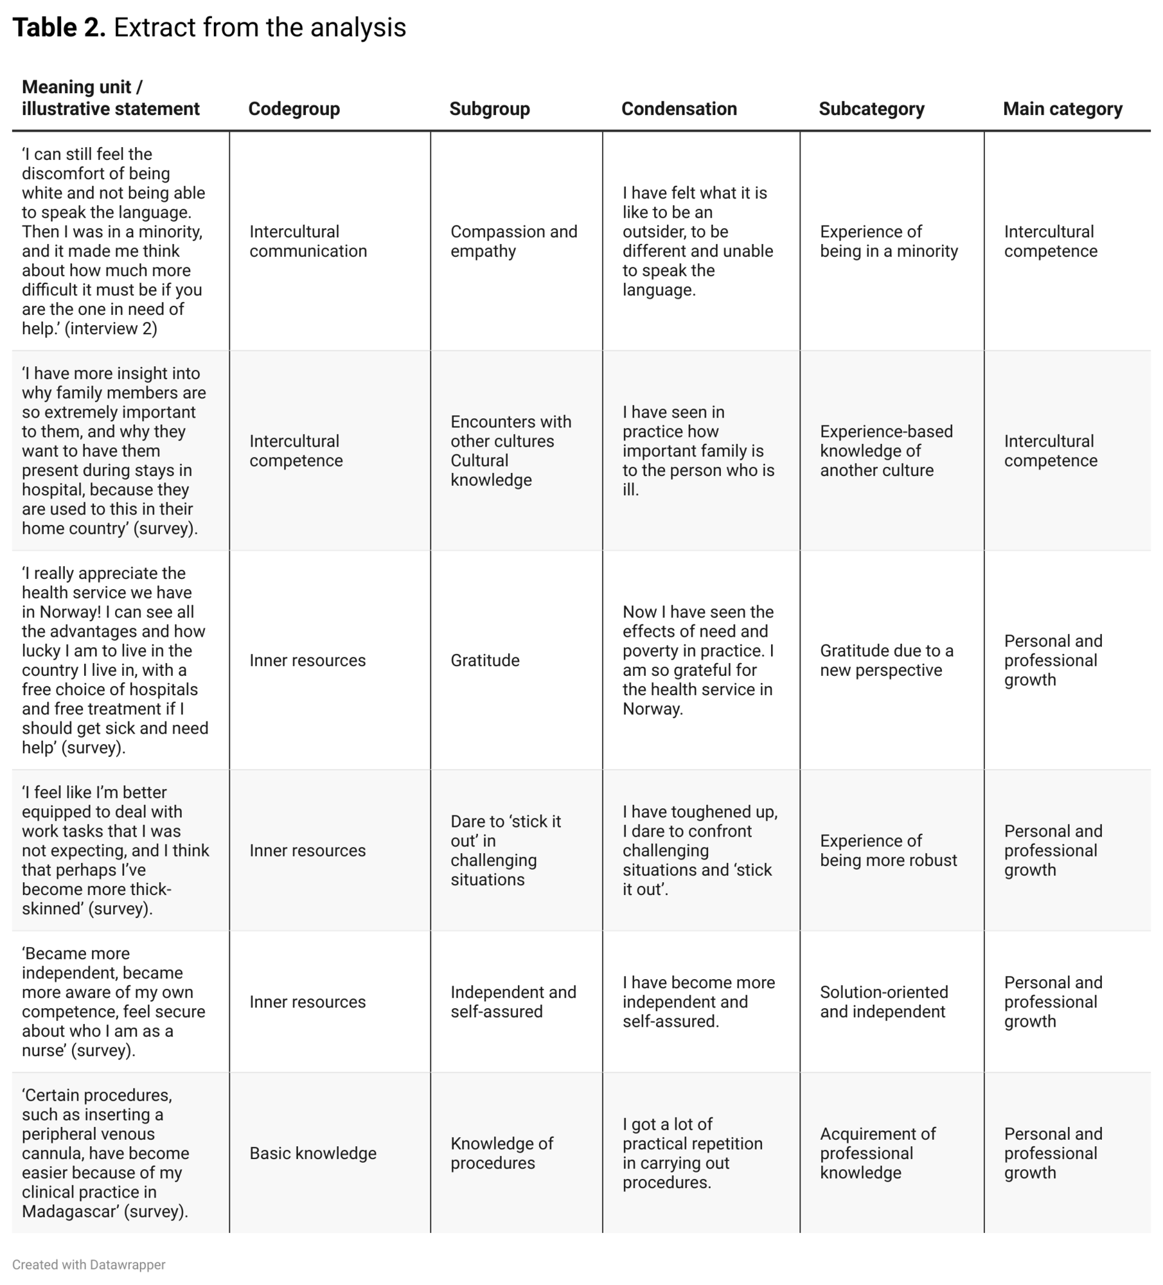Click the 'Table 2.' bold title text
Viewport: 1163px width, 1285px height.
tap(59, 28)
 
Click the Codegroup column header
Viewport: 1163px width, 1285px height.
tap(294, 109)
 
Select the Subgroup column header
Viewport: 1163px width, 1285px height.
tap(489, 109)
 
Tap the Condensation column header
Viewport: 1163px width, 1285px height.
tap(679, 109)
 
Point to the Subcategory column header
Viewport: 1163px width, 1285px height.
tap(871, 109)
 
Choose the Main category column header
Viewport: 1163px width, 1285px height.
tap(1062, 109)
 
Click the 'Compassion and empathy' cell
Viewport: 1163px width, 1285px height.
tap(513, 241)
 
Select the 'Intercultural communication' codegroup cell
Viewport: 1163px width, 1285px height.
tap(308, 241)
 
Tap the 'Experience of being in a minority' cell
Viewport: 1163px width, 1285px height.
tap(888, 241)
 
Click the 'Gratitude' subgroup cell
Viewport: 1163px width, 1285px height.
tap(484, 660)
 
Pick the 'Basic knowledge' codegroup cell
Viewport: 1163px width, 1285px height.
tap(312, 1153)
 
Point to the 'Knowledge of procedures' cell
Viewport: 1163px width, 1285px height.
tap(501, 1153)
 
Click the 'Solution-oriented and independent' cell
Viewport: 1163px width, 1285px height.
tap(883, 1002)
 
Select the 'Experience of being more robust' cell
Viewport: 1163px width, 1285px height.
tap(888, 850)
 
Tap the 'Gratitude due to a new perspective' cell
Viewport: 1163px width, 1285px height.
tap(886, 660)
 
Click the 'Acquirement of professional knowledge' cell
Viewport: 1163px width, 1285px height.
tap(877, 1153)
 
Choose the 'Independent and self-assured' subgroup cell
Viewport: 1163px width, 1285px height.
tap(513, 1002)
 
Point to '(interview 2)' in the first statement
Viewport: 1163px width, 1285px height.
tap(111, 328)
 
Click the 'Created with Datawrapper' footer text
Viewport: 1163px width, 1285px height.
tap(89, 1264)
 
